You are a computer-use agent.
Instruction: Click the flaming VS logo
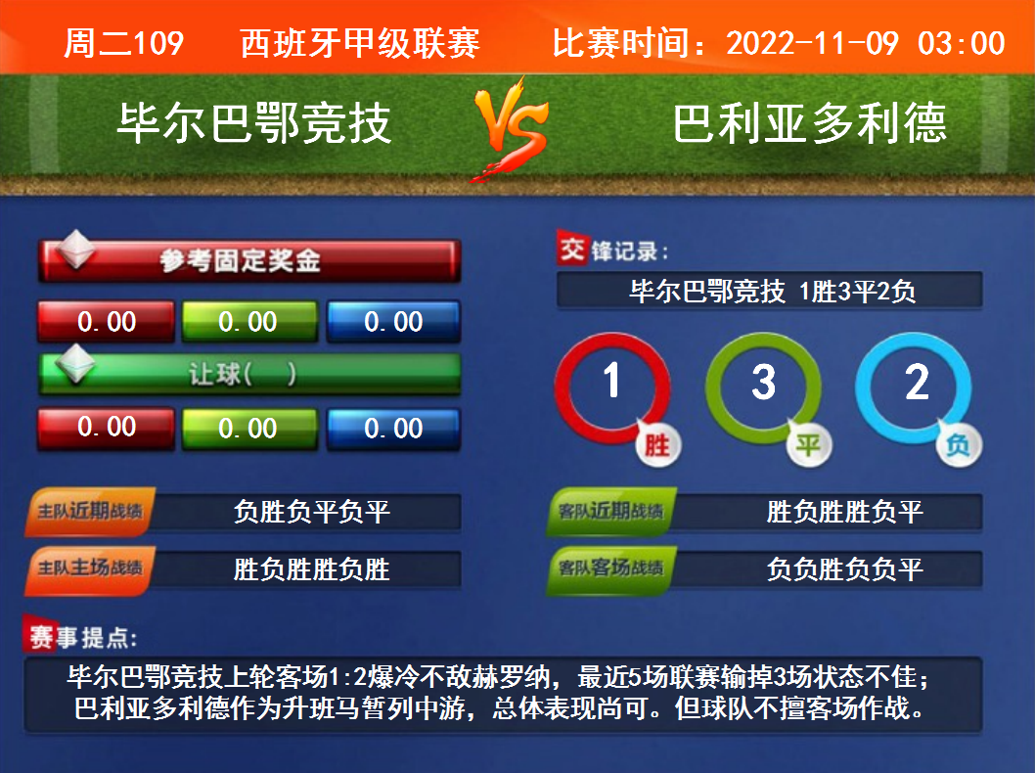(511, 129)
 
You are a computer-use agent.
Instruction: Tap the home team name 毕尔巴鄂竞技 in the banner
(254, 123)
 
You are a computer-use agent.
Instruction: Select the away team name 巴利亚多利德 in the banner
(810, 123)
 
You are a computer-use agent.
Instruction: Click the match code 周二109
(123, 44)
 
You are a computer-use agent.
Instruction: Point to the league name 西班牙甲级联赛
(360, 44)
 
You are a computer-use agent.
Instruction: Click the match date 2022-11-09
(812, 44)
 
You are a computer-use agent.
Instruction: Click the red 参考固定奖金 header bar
(248, 260)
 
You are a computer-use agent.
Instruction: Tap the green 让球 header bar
(248, 374)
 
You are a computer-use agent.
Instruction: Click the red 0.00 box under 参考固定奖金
(107, 322)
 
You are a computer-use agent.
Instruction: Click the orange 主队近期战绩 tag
(90, 512)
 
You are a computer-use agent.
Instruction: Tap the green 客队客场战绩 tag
(611, 569)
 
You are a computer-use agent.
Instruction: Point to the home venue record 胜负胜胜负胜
(311, 569)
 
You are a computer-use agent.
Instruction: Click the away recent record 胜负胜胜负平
(844, 512)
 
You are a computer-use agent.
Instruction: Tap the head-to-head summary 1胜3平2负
(857, 292)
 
